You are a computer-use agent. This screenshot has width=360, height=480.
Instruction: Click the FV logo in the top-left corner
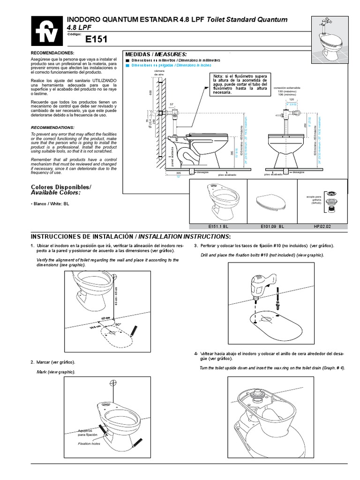(45, 29)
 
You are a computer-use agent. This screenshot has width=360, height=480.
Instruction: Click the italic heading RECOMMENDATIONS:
(52, 127)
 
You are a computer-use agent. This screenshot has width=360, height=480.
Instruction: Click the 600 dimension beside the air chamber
(151, 92)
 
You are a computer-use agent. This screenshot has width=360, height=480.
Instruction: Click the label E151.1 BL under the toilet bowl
(217, 225)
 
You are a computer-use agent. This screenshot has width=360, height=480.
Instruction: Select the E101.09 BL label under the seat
(272, 225)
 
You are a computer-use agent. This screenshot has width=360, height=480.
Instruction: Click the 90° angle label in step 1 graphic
(118, 324)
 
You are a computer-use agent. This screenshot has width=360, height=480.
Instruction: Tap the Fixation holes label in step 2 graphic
(89, 443)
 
